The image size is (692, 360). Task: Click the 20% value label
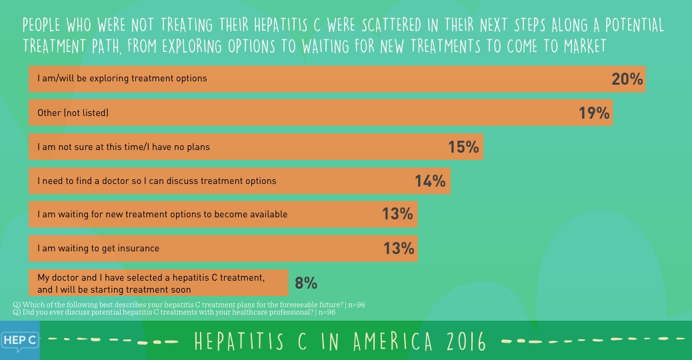tap(627, 79)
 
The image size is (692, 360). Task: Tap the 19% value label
tap(595, 113)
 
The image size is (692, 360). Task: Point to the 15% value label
tap(463, 147)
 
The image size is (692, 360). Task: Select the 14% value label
tap(430, 181)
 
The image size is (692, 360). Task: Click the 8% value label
tap(305, 283)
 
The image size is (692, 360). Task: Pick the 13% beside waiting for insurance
tap(399, 249)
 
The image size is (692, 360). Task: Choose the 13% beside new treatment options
tap(397, 215)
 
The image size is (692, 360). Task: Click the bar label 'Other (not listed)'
tap(73, 113)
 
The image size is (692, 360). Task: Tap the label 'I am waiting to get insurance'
tap(98, 249)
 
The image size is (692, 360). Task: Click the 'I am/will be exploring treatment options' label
tap(122, 78)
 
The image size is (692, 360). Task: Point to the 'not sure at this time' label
tap(123, 147)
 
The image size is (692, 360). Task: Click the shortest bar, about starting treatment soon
tap(158, 283)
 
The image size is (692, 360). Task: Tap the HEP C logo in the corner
tap(19, 341)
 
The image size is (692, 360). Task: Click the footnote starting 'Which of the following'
tap(189, 305)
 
